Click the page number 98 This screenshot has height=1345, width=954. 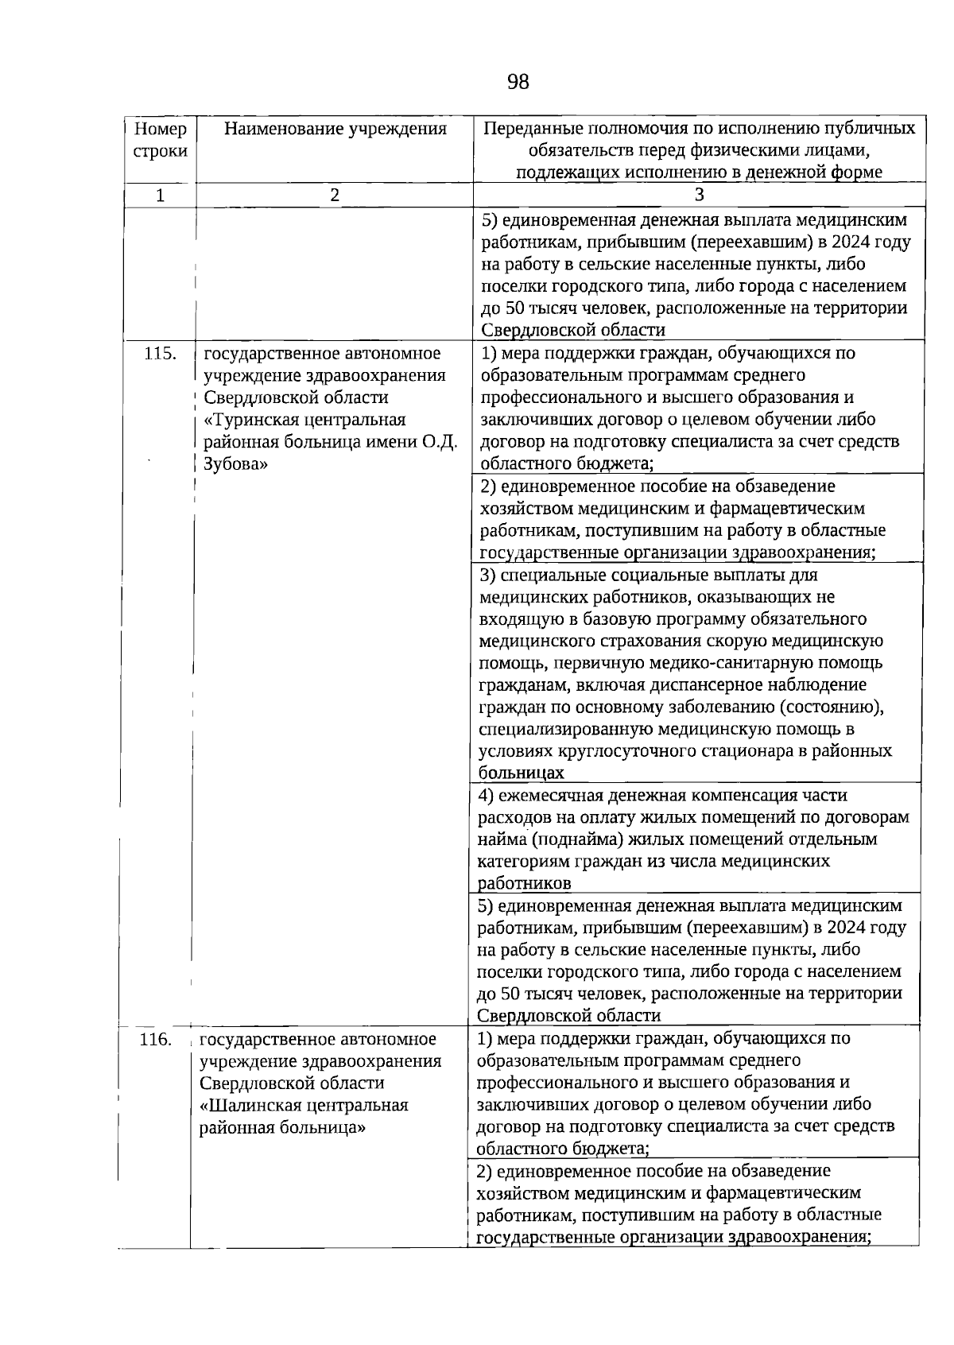click(517, 82)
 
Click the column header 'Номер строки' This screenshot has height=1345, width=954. click(160, 140)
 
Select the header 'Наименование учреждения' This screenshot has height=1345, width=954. click(335, 129)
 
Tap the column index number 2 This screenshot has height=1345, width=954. click(335, 195)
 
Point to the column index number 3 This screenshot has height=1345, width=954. click(699, 195)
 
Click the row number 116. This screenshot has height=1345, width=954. click(155, 1039)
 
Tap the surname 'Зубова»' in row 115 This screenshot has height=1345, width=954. click(235, 464)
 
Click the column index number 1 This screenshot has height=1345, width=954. click(160, 195)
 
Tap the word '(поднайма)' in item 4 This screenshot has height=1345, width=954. click(577, 839)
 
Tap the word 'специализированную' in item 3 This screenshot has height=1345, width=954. click(560, 729)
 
